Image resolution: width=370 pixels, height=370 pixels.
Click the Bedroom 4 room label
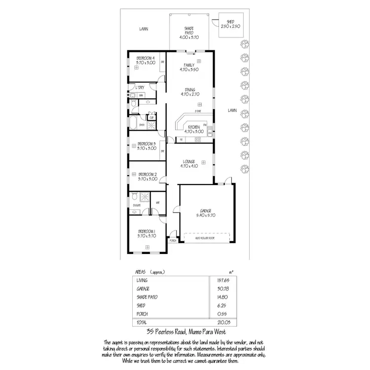146,58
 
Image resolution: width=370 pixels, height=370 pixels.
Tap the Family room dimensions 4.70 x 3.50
189,70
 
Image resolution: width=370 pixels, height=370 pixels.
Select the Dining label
189,89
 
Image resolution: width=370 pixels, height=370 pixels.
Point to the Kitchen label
193,127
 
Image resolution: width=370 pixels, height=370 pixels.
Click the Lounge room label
189,161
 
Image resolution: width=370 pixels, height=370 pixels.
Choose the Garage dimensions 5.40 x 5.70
206,215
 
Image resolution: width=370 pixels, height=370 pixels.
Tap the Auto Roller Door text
205,238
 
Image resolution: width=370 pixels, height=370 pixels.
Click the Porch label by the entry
173,241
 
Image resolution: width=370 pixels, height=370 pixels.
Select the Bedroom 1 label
146,231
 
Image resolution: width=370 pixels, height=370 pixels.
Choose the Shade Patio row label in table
146,297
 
